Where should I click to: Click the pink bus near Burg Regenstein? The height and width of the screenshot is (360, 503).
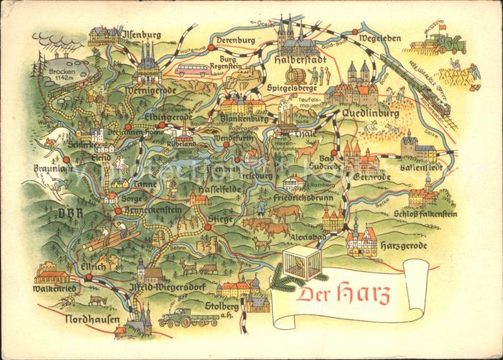click(193, 70)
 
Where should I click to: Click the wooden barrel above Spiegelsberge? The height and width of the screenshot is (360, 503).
click(296, 76)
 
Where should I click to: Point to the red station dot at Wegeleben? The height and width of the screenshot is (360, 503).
click(356, 32)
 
